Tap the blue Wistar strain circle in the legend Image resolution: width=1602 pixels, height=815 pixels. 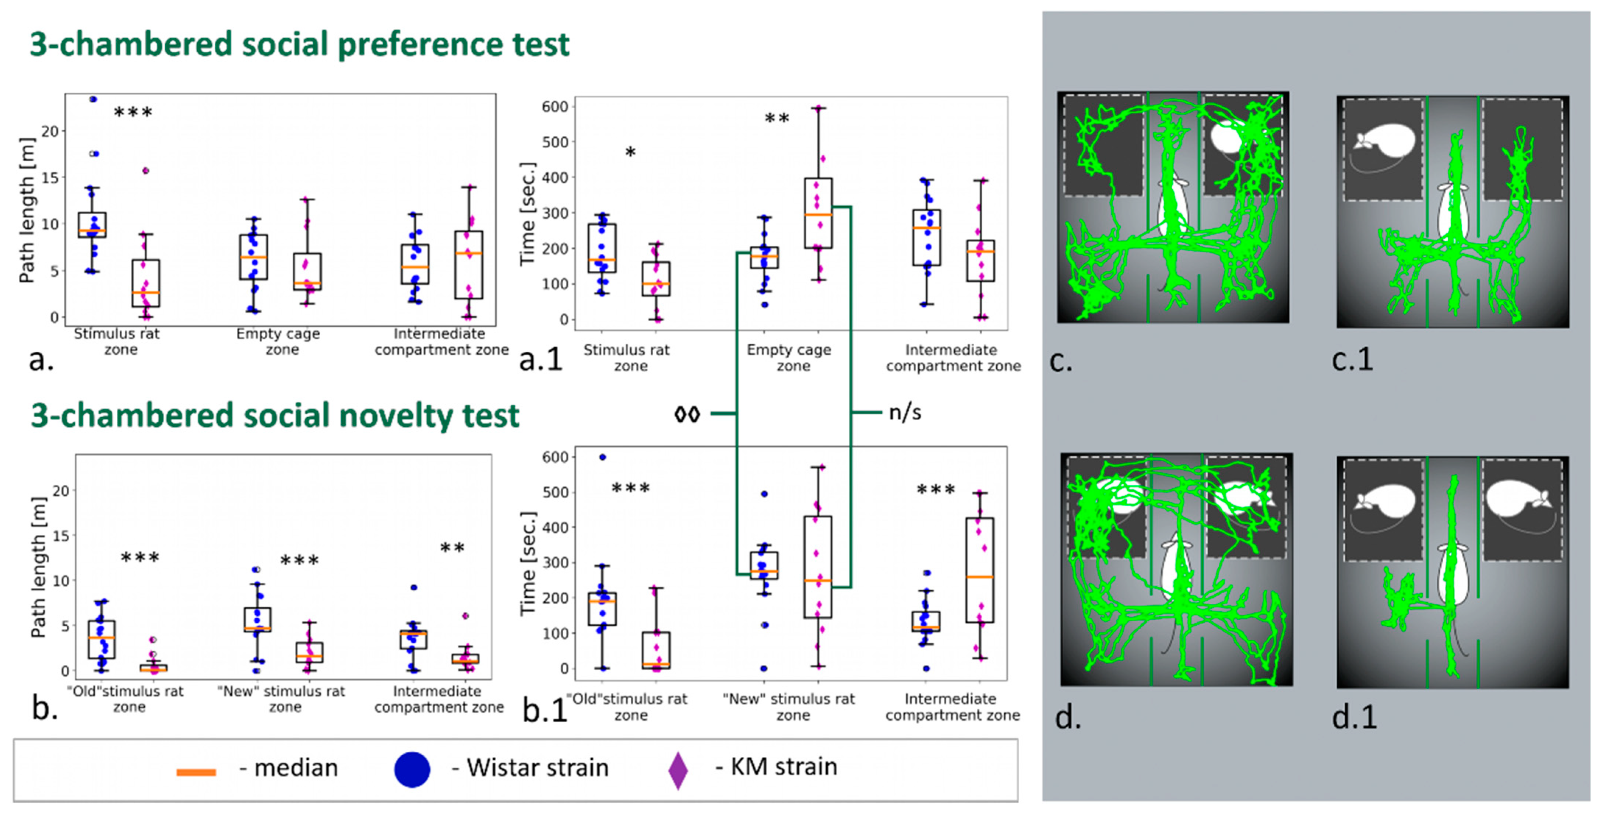tap(412, 769)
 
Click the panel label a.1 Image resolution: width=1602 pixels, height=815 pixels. tap(541, 359)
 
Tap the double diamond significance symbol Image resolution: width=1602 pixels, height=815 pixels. tap(687, 414)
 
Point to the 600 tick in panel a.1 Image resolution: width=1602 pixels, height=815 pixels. tap(555, 107)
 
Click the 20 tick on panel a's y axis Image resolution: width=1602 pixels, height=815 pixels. tap(50, 131)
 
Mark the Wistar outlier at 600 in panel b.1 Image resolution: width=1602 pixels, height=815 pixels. tap(602, 457)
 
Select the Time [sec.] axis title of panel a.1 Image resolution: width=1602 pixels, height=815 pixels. tap(527, 213)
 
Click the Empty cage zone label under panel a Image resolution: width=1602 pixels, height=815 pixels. tap(279, 341)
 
